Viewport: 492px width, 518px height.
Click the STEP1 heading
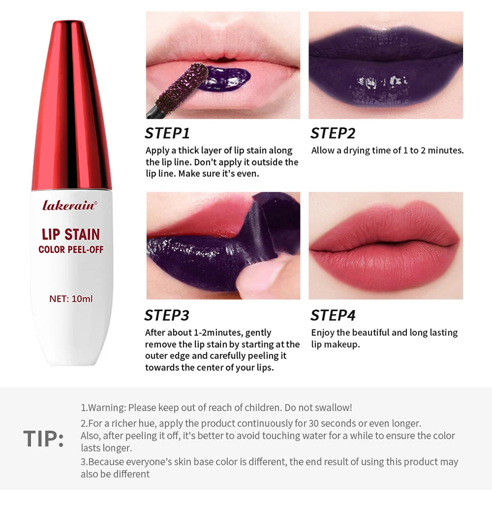coord(168,133)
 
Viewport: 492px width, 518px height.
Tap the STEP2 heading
coord(333,133)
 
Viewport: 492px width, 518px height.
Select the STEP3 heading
coord(167,315)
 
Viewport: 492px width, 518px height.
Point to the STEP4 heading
coord(333,315)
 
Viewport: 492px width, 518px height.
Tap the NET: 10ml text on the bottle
coord(71,298)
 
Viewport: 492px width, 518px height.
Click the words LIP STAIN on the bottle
coord(71,234)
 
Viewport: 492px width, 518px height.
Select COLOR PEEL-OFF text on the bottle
coord(71,250)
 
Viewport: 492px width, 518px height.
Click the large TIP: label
coord(44,440)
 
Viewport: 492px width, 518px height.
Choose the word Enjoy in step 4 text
coord(322,332)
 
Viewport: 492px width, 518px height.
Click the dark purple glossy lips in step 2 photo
coord(385,77)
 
